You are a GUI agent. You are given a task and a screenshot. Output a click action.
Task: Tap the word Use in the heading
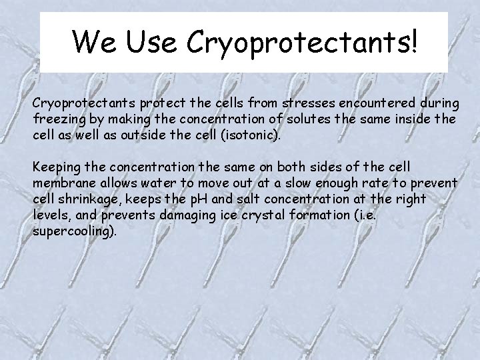pyautogui.click(x=153, y=41)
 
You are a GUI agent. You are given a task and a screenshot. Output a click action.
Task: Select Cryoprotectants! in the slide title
pyautogui.click(x=304, y=43)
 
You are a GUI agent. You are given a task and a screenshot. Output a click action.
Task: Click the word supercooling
pyautogui.click(x=73, y=231)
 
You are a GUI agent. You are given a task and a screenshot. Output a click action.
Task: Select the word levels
pyautogui.click(x=50, y=214)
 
